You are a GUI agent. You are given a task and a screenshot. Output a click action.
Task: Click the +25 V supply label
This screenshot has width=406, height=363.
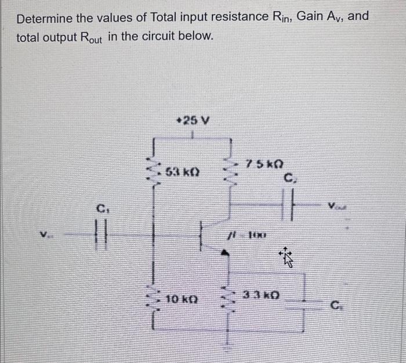click(194, 121)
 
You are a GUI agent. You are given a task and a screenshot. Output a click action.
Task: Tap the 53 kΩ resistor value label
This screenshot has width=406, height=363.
click(183, 172)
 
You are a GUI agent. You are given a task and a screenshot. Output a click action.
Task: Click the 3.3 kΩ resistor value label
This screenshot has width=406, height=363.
click(264, 294)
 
